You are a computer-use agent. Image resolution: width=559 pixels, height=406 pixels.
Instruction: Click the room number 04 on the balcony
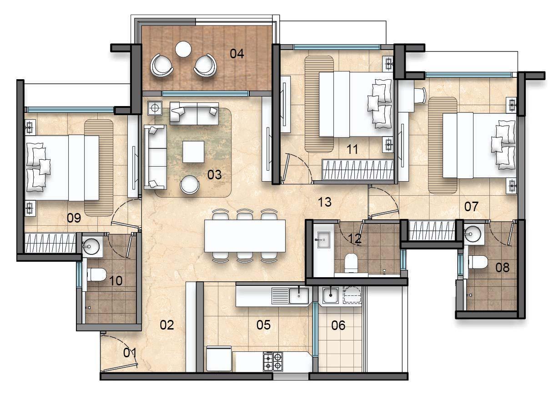[237, 54]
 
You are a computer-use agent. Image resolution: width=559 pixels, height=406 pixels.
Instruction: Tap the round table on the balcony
[183, 49]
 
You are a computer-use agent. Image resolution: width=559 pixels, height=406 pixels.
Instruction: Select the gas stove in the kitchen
[273, 361]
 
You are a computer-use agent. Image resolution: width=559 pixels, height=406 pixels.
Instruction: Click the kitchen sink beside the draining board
[299, 296]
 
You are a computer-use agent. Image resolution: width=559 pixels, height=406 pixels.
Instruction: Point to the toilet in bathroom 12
[352, 263]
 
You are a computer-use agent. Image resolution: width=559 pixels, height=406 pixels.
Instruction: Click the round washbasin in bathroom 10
[91, 246]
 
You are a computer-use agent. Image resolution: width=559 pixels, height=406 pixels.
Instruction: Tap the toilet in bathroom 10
[97, 274]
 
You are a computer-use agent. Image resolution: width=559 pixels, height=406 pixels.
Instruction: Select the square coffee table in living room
[193, 152]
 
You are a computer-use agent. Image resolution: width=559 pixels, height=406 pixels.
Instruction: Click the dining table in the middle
[245, 236]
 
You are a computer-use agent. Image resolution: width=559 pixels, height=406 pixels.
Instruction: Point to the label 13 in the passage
[325, 202]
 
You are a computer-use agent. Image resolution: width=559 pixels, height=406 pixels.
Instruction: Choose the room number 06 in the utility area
[338, 325]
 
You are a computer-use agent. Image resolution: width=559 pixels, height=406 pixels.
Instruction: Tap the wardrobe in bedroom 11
[358, 170]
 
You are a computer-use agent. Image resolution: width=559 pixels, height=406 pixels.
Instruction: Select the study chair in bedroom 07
[420, 95]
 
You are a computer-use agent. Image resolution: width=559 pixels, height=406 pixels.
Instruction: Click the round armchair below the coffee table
[190, 184]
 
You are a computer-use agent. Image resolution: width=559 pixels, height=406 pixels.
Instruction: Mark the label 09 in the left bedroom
[74, 218]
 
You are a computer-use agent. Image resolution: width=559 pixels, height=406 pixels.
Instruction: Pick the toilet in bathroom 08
[478, 262]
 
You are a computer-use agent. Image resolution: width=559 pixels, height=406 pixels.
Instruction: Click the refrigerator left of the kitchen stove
[219, 359]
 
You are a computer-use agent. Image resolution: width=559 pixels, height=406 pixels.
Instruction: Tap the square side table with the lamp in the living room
[155, 108]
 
